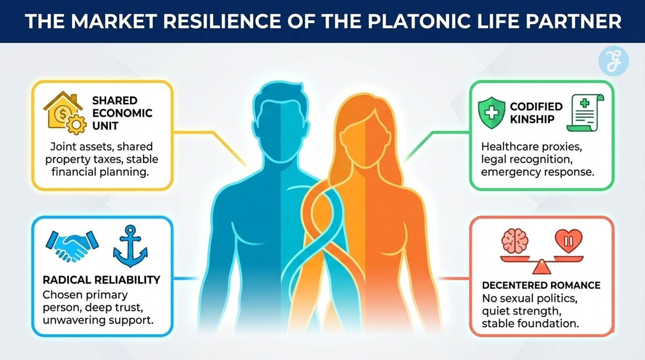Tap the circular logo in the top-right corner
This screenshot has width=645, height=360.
tap(613, 61)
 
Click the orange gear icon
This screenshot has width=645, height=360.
tap(76, 125)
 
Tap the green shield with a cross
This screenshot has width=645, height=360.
tap(491, 112)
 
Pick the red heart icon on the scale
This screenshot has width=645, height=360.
tap(568, 240)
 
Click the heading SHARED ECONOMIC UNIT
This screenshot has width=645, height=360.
tap(122, 113)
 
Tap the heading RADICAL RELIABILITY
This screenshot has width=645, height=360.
tap(101, 280)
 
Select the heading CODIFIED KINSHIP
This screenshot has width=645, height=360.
tap(536, 112)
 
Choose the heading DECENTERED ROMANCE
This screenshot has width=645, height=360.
tap(541, 285)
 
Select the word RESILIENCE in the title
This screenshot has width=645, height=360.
tap(220, 21)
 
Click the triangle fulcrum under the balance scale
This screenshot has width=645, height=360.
tap(541, 267)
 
